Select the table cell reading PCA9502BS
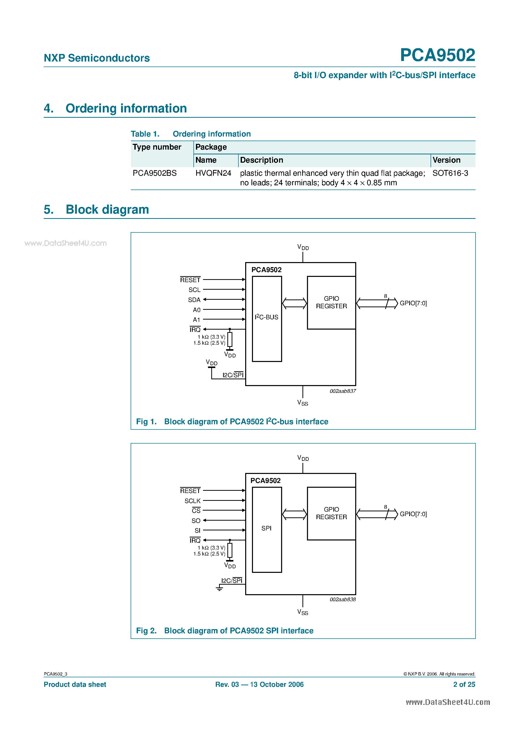[x=154, y=173]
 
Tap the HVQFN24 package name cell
[x=213, y=173]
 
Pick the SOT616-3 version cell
[x=450, y=173]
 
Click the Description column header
[x=262, y=160]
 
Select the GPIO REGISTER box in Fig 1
[x=331, y=302]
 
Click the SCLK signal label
[x=192, y=501]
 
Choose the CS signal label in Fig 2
[x=196, y=511]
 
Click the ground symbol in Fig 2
[x=219, y=588]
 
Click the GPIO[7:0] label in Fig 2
[x=413, y=514]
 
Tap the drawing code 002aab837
[x=342, y=391]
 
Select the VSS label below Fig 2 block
[x=302, y=612]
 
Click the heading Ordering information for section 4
[x=126, y=108]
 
